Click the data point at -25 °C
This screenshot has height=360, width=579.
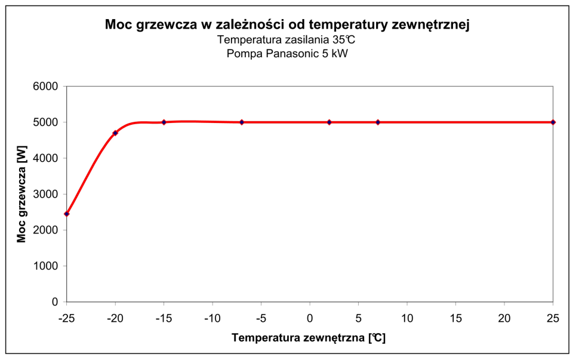click(67, 214)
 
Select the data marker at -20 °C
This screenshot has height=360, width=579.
click(115, 133)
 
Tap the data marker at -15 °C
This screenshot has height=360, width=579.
click(164, 122)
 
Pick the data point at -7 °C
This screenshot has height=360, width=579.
click(242, 122)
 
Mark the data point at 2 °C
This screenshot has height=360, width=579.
click(329, 122)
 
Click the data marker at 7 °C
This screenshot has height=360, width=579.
click(378, 122)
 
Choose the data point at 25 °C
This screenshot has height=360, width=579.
click(553, 122)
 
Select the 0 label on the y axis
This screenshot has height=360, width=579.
click(54, 302)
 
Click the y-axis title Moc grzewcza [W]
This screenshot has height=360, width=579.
click(21, 194)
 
